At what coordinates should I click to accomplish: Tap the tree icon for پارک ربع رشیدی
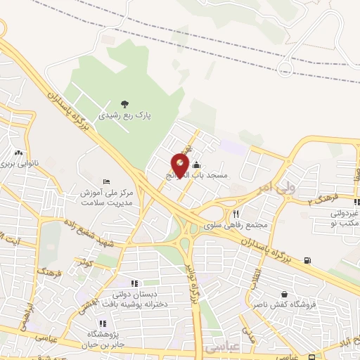125,105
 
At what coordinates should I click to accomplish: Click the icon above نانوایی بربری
18,153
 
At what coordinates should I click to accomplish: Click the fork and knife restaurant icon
236,214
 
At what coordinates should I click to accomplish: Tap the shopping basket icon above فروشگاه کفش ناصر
284,295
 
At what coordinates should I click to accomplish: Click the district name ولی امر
254,188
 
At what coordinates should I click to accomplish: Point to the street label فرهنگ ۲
324,200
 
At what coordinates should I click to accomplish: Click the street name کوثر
86,262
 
